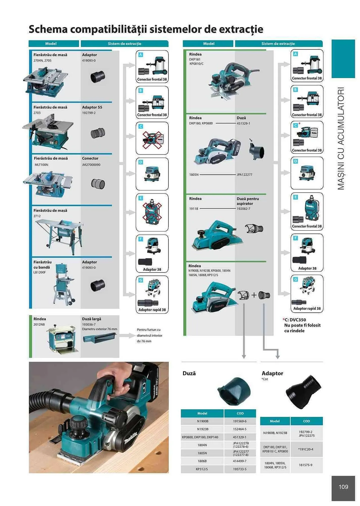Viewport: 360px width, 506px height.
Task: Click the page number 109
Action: [343, 487]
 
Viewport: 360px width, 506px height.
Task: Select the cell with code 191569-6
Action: [240, 421]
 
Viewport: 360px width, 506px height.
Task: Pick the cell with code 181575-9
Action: [305, 465]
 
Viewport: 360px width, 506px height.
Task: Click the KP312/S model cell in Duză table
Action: [202, 469]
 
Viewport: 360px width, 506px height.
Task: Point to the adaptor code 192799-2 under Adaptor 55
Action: [89, 113]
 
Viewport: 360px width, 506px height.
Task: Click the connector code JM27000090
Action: [91, 165]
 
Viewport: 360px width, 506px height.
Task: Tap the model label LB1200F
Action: [40, 272]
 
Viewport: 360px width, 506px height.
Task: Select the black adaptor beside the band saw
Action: [98, 286]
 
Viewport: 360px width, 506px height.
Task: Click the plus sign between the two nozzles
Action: [254, 295]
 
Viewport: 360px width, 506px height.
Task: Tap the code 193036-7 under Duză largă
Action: [89, 324]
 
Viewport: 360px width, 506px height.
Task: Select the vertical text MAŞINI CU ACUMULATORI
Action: [341, 139]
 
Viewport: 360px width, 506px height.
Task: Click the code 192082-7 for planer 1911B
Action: [243, 209]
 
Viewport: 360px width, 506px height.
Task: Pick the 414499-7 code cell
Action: [240, 461]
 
